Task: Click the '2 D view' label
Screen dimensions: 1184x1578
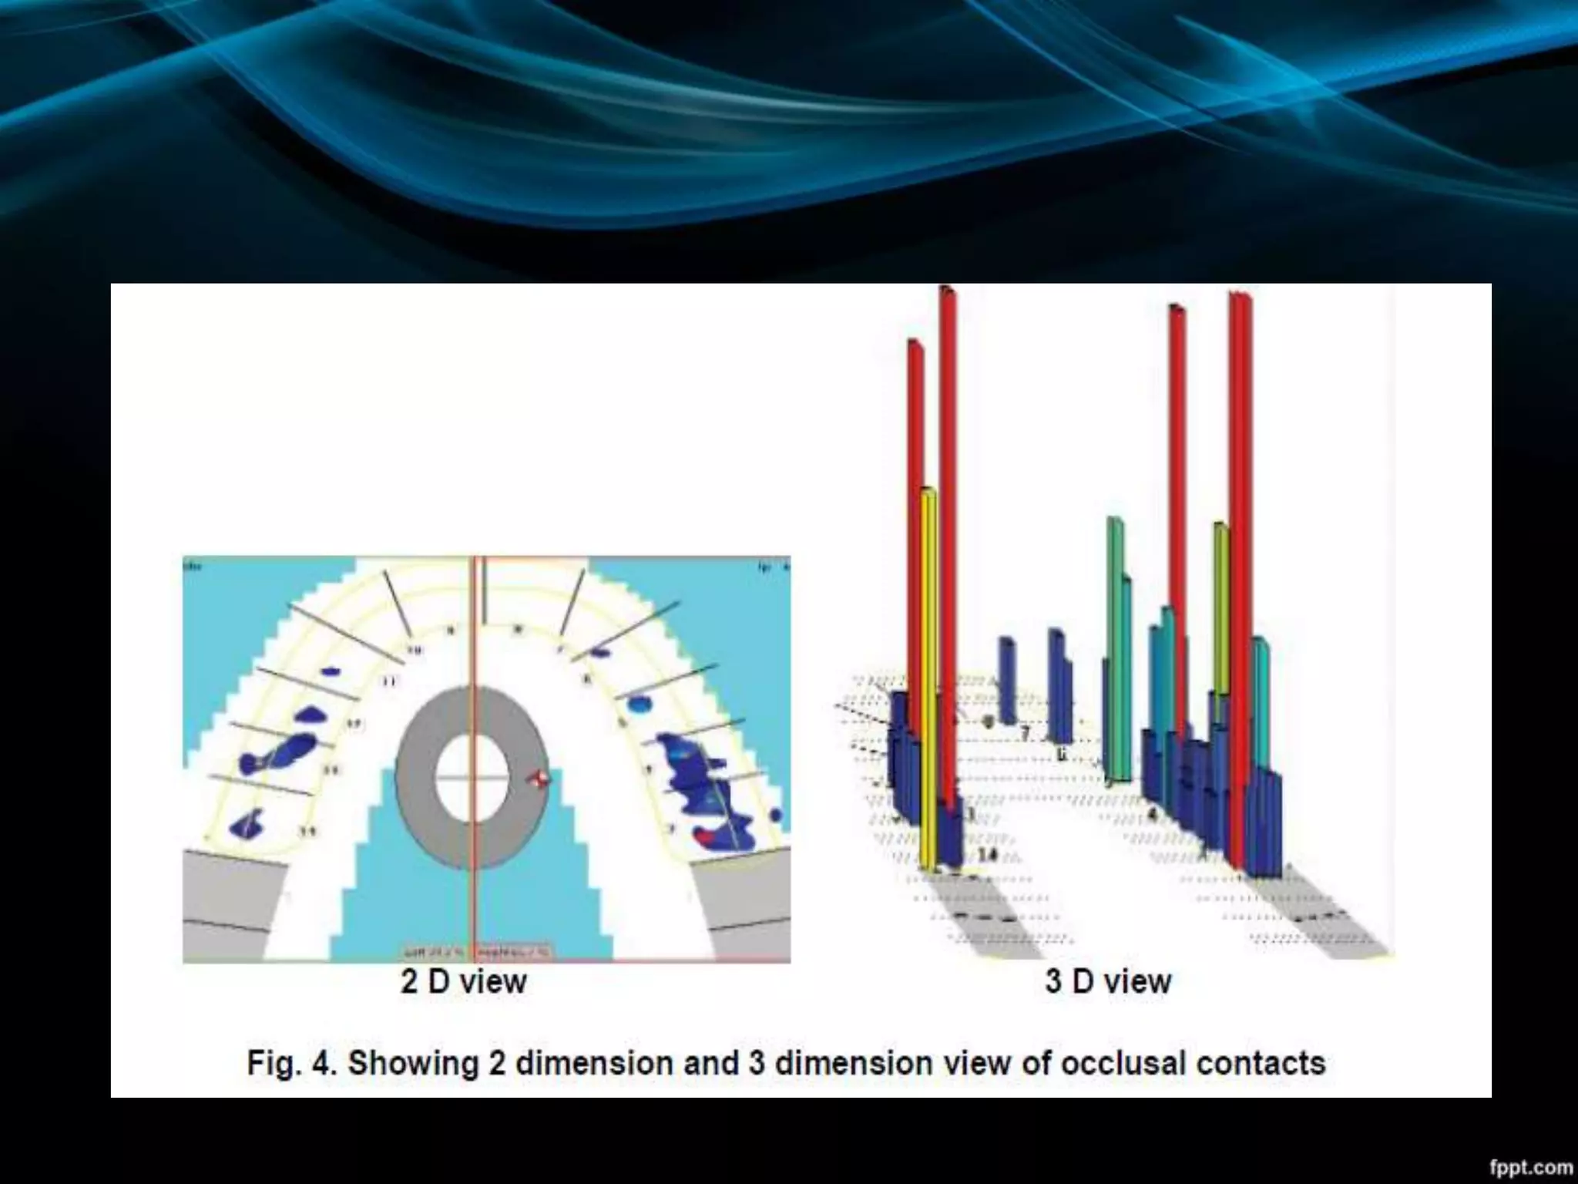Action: click(x=464, y=982)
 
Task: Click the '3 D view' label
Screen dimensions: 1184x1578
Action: click(x=1108, y=982)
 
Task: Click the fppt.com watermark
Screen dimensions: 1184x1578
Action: click(x=1530, y=1169)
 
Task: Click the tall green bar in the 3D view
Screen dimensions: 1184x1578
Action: click(x=1115, y=647)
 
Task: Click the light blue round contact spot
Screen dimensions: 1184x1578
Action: click(x=639, y=703)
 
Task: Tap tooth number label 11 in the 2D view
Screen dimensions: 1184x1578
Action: click(x=389, y=681)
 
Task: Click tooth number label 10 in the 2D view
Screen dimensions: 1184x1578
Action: click(x=415, y=651)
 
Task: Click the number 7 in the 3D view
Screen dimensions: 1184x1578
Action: click(x=1025, y=732)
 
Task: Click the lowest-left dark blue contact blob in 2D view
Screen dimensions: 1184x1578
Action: click(x=247, y=825)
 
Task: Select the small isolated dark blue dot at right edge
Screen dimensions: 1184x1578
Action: click(x=775, y=815)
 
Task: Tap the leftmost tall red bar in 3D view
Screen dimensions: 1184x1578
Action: click(x=915, y=540)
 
